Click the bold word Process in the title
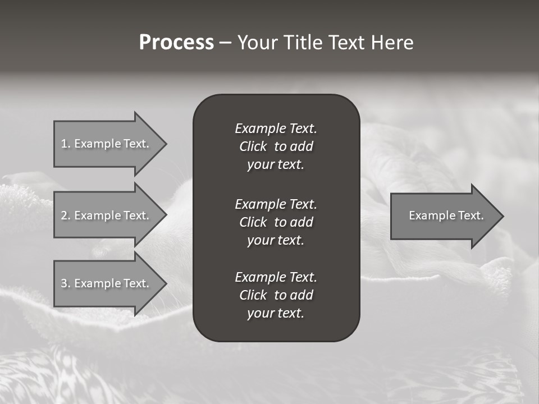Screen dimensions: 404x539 [x=176, y=43]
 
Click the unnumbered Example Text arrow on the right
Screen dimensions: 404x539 [x=444, y=215]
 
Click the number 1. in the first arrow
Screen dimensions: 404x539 [x=66, y=144]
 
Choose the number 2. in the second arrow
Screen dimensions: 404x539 [x=66, y=215]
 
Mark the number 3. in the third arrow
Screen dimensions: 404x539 [x=66, y=283]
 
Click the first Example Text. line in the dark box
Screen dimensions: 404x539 [x=276, y=128]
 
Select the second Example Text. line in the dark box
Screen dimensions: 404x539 [x=276, y=204]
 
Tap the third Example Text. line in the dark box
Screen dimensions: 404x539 [x=276, y=277]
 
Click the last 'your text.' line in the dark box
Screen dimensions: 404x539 [x=276, y=313]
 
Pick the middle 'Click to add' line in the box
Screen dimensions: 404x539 [x=276, y=222]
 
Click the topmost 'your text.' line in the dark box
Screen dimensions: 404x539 [x=276, y=165]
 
